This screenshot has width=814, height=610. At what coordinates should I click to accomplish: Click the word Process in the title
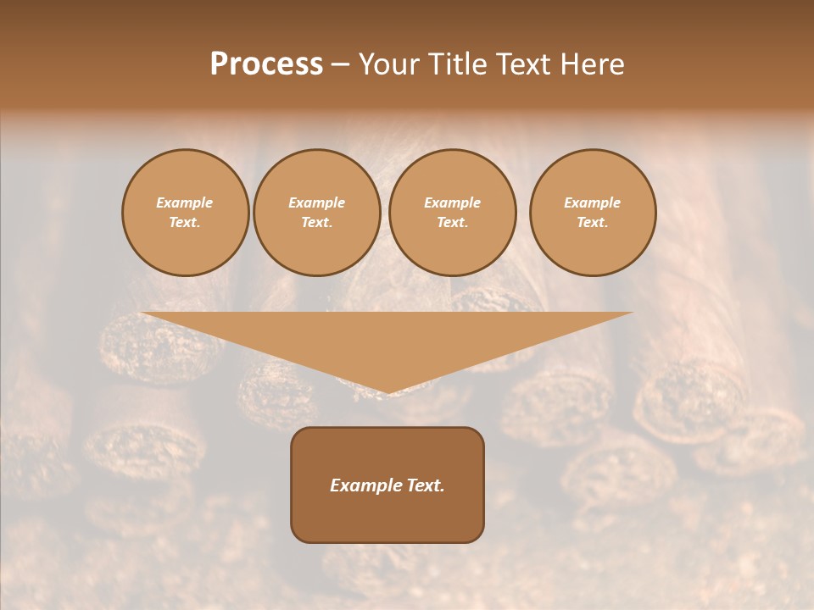pyautogui.click(x=266, y=64)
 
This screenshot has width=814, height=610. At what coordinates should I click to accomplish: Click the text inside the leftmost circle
pyautogui.click(x=185, y=213)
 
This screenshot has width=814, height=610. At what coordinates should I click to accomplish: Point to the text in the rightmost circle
pyautogui.click(x=593, y=213)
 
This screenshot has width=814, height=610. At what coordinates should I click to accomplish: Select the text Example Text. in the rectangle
pyautogui.click(x=387, y=485)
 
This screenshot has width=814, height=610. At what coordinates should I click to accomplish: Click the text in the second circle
pyautogui.click(x=317, y=213)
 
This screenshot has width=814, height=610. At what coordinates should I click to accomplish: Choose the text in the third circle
pyautogui.click(x=453, y=213)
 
